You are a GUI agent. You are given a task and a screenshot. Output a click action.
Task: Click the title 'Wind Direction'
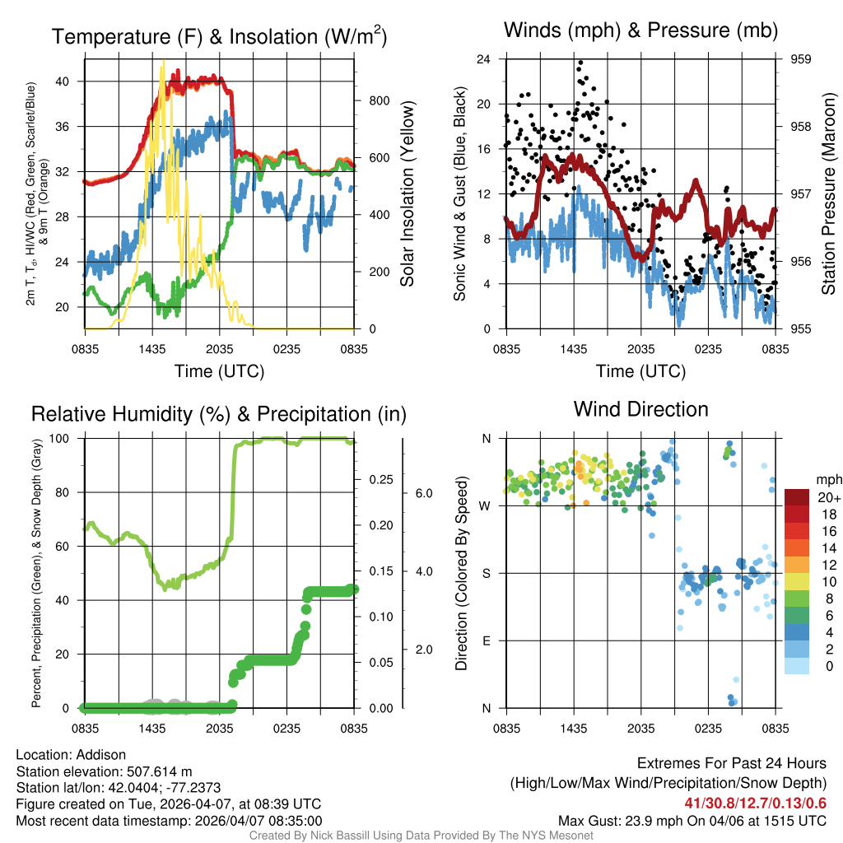[x=640, y=409]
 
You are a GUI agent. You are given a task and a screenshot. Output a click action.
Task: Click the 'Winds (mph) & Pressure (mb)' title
[x=640, y=31]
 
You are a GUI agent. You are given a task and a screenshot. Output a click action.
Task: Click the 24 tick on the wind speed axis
[x=484, y=59]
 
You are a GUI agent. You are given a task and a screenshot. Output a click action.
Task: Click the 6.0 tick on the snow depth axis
[x=421, y=493]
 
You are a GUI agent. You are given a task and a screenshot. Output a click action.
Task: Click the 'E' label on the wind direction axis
[x=486, y=640]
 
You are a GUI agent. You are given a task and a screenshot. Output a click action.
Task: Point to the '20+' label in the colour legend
[x=828, y=497]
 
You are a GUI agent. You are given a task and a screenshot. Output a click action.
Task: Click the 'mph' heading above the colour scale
[x=827, y=479]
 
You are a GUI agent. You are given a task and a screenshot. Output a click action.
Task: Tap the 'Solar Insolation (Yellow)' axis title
[x=407, y=194]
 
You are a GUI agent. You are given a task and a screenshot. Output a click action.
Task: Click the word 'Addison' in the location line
[x=102, y=755]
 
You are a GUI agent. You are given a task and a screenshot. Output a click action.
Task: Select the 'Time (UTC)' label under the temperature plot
[x=219, y=371]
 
